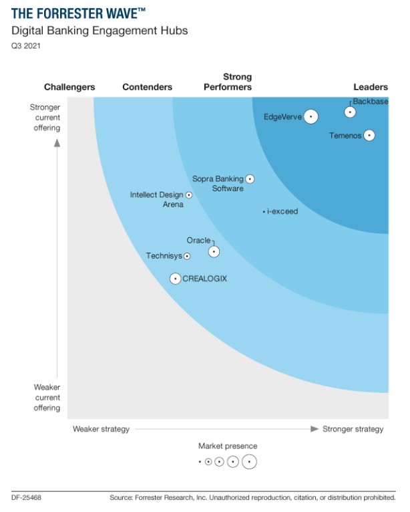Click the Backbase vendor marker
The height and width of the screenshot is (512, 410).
point(349,112)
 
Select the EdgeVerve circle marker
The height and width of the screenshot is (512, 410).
point(310,117)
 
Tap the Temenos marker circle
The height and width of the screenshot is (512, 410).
point(368,136)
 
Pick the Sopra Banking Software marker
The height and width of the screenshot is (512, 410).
point(250,178)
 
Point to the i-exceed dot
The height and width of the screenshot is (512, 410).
point(264,212)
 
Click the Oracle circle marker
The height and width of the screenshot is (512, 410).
point(214,252)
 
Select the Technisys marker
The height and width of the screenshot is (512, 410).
point(187,256)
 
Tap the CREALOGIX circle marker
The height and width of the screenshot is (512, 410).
point(175,279)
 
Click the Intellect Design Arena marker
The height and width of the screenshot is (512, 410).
point(188,195)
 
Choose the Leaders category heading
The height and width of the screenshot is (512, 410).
point(371,87)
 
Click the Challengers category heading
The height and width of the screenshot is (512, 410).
point(69,87)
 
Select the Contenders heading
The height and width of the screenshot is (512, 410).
point(147,87)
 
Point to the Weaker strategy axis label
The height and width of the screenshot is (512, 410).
point(101,429)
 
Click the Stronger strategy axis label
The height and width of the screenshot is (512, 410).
point(353,429)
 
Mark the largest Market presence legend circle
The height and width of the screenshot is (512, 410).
point(249,461)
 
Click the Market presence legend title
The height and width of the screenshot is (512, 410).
point(227,446)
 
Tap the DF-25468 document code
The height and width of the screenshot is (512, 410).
point(27,498)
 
